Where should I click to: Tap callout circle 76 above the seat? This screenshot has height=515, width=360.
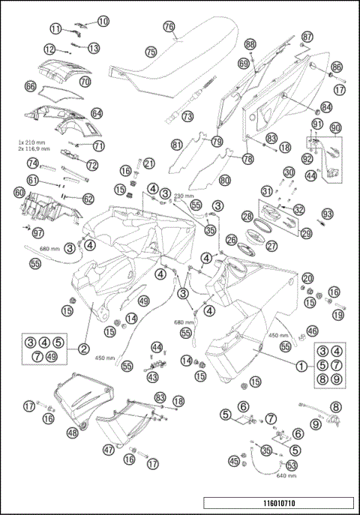tap(169, 25)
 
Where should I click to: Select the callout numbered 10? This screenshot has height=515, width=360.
tap(103, 21)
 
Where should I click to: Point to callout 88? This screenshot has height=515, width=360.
tap(250, 44)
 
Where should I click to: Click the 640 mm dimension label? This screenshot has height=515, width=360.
tap(286, 475)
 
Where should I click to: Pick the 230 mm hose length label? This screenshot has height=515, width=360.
tap(184, 196)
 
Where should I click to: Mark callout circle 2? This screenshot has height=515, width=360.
tap(84, 349)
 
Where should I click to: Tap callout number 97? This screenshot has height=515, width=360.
tap(38, 233)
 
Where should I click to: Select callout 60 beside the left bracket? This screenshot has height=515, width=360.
tap(19, 192)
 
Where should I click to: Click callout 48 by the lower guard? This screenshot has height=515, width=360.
tap(72, 433)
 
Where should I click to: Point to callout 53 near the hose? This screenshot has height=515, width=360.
tap(292, 465)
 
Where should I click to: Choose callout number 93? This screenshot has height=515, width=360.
tap(327, 214)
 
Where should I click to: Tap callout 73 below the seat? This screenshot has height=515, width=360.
tap(187, 116)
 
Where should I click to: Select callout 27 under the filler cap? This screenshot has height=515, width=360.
tap(271, 245)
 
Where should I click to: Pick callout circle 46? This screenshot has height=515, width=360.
tap(312, 330)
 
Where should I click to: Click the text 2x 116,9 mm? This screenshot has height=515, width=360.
tap(34, 149)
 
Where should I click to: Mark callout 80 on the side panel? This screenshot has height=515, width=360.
tap(223, 180)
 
